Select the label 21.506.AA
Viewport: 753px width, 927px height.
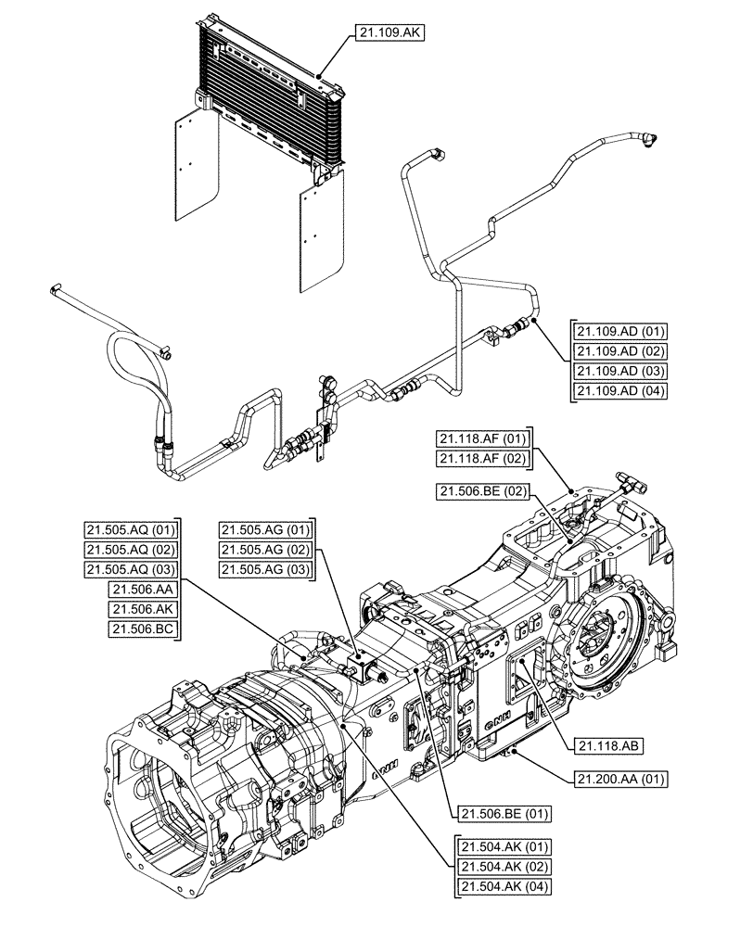click(x=143, y=589)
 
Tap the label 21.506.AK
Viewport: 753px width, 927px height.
click(x=143, y=608)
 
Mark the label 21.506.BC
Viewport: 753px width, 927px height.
click(x=143, y=629)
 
